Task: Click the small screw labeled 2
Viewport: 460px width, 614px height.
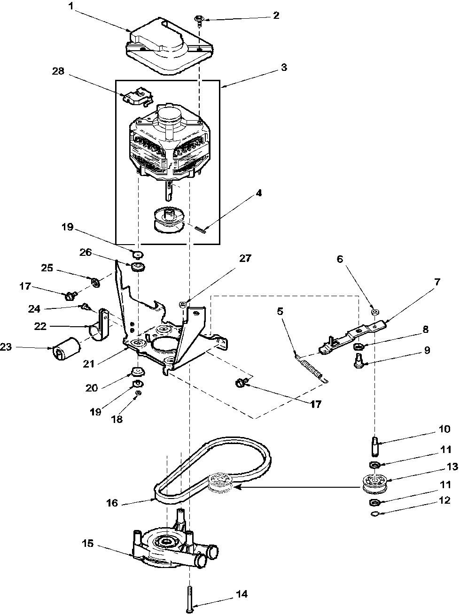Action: (x=199, y=19)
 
